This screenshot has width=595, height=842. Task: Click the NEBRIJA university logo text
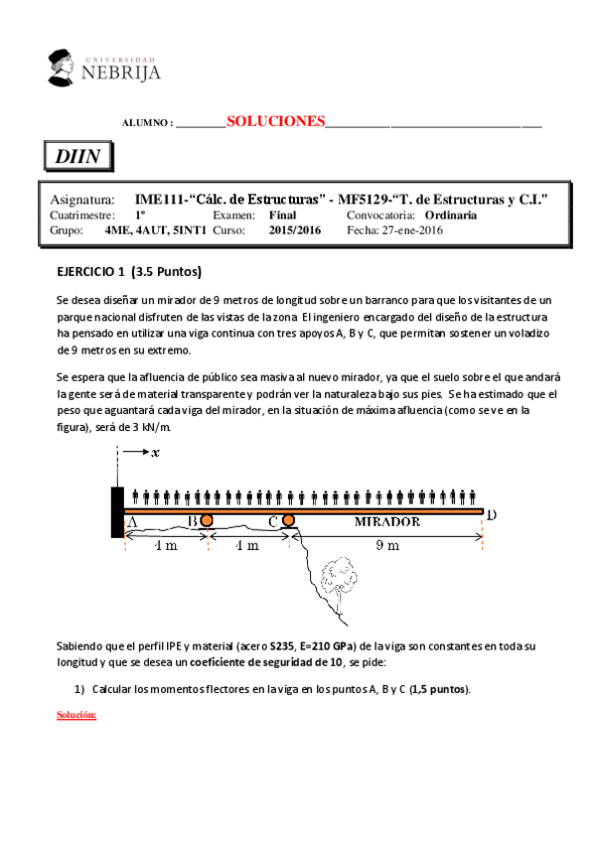pyautogui.click(x=121, y=71)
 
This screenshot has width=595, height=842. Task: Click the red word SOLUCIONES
pyautogui.click(x=276, y=121)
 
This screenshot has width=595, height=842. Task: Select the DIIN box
pyautogui.click(x=77, y=157)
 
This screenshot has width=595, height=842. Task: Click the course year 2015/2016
pyautogui.click(x=295, y=230)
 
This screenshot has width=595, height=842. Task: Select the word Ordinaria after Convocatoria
pyautogui.click(x=450, y=214)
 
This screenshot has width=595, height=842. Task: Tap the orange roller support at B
pyautogui.click(x=207, y=520)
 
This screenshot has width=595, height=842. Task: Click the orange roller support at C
pyautogui.click(x=288, y=520)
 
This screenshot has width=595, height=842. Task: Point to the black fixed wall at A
pyautogui.click(x=117, y=512)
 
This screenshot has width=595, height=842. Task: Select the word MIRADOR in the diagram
pyautogui.click(x=386, y=521)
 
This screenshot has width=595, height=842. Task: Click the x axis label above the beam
pyautogui.click(x=155, y=455)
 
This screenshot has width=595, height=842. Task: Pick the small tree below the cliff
pyautogui.click(x=340, y=586)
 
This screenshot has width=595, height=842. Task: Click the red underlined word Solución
pyautogui.click(x=75, y=715)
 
